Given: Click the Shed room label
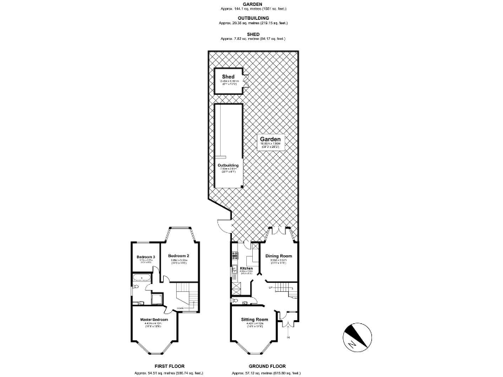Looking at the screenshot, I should coord(228,77).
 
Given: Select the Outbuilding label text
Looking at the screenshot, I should coord(228,165).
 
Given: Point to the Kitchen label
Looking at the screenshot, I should coord(246,268).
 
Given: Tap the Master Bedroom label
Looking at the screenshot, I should coord(155,319).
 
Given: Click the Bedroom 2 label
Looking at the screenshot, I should coord(178,255).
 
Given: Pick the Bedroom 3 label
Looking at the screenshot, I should coord(145,257).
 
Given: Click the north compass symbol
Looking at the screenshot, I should coord(353,337).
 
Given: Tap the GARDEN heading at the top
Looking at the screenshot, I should coord(251,3).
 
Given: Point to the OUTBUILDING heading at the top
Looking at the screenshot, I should coord(251,18).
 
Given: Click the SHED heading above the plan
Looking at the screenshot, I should coord(251,33).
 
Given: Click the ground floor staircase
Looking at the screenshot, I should coord(283,287).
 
